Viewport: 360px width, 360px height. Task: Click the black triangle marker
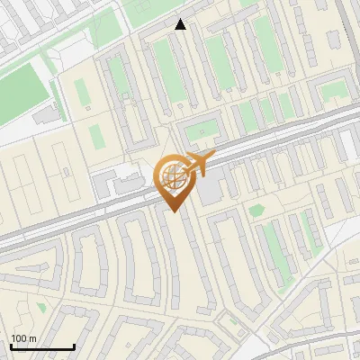(x=181, y=24)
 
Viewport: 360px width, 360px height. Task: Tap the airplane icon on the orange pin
(x=199, y=163)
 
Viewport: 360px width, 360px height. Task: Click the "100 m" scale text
(x=23, y=338)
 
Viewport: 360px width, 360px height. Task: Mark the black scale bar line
(x=42, y=346)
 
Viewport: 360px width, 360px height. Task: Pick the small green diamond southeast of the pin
(x=257, y=211)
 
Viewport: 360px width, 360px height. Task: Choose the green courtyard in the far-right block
(x=334, y=90)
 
